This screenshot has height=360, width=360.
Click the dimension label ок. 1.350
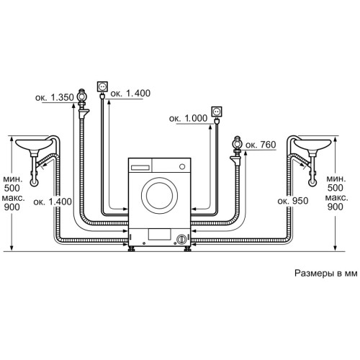[x=55, y=97]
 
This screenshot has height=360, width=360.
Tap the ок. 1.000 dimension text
[x=188, y=118]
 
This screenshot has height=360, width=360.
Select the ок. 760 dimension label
[x=261, y=145]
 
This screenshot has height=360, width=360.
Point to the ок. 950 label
[x=293, y=201]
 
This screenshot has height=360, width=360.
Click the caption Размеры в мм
[x=326, y=274]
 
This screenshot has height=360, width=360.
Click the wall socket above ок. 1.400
[x=102, y=86]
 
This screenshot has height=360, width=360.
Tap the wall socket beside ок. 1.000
[x=217, y=112]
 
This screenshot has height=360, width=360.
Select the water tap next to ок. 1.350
[x=82, y=104]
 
